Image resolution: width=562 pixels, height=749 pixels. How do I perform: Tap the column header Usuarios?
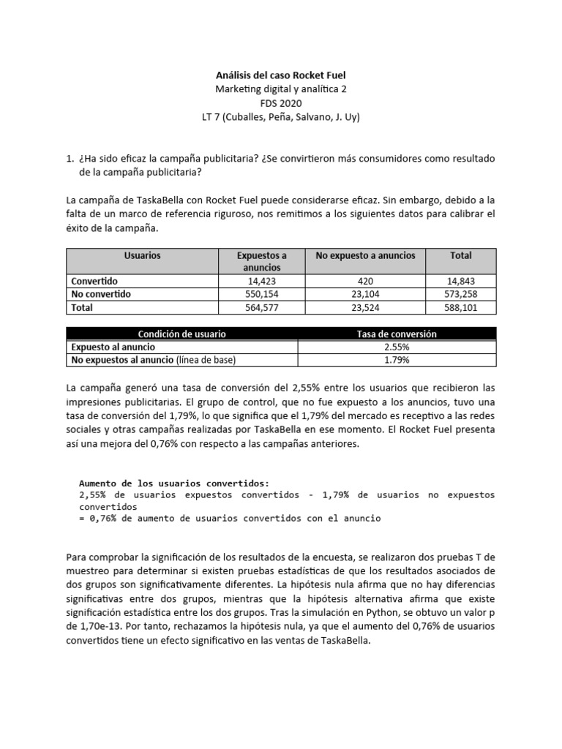pos(143,256)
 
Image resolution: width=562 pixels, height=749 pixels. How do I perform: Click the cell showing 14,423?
pos(261,281)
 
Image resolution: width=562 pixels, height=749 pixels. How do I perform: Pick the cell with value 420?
pos(364,281)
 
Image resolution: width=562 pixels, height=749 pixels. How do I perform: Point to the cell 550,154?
pos(261,294)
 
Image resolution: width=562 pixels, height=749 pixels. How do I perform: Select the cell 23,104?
pos(364,294)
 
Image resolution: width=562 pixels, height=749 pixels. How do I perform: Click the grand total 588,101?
pos(460,308)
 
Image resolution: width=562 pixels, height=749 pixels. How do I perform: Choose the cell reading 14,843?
pos(460,281)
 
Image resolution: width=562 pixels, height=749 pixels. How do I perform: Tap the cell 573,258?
pos(460,294)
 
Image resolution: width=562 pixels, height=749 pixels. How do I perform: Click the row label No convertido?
pos(100,294)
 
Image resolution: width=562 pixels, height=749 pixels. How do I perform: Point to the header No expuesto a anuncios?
pos(364,256)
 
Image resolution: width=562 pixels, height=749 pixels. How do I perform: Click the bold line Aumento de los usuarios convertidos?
pos(173,483)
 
